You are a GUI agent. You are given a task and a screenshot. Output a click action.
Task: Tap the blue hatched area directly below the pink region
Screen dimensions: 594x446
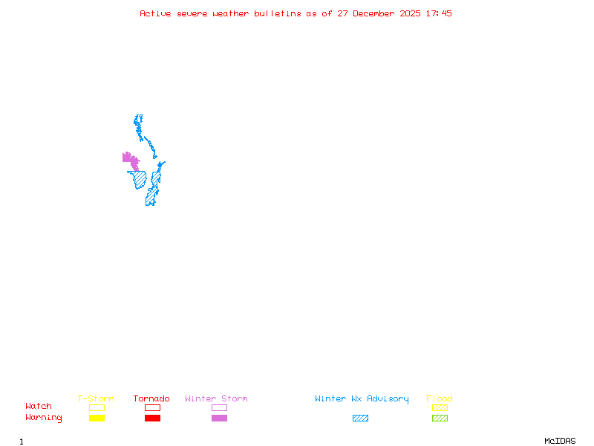(140, 180)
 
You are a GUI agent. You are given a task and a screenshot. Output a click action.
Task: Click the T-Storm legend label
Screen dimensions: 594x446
(96, 399)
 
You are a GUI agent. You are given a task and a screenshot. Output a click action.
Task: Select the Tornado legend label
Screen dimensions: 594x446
(151, 399)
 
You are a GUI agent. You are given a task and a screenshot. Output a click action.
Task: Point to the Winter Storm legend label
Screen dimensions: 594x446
(216, 399)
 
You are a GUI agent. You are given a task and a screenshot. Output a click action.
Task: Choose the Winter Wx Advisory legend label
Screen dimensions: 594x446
(362, 399)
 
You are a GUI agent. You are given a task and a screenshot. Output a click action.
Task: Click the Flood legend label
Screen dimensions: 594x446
(440, 399)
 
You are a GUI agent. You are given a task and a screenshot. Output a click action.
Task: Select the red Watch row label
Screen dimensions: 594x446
(39, 407)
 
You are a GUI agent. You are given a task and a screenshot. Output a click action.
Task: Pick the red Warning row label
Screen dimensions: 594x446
(44, 418)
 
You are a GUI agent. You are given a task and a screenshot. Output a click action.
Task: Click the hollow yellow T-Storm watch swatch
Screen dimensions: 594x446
(97, 407)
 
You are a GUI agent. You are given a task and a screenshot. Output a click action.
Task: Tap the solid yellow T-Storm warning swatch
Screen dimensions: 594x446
(97, 418)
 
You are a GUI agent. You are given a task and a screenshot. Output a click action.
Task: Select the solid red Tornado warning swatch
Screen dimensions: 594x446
(152, 418)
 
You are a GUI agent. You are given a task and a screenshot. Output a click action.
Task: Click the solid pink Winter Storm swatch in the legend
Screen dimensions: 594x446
(219, 418)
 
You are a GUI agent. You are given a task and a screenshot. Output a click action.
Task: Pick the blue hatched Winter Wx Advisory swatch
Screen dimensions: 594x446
(360, 418)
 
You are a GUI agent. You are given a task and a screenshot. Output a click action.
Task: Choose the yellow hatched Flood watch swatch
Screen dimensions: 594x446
(440, 407)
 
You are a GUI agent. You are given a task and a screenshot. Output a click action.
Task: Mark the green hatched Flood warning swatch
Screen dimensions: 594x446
(440, 418)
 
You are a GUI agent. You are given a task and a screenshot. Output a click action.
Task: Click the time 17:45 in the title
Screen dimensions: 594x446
(439, 13)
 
